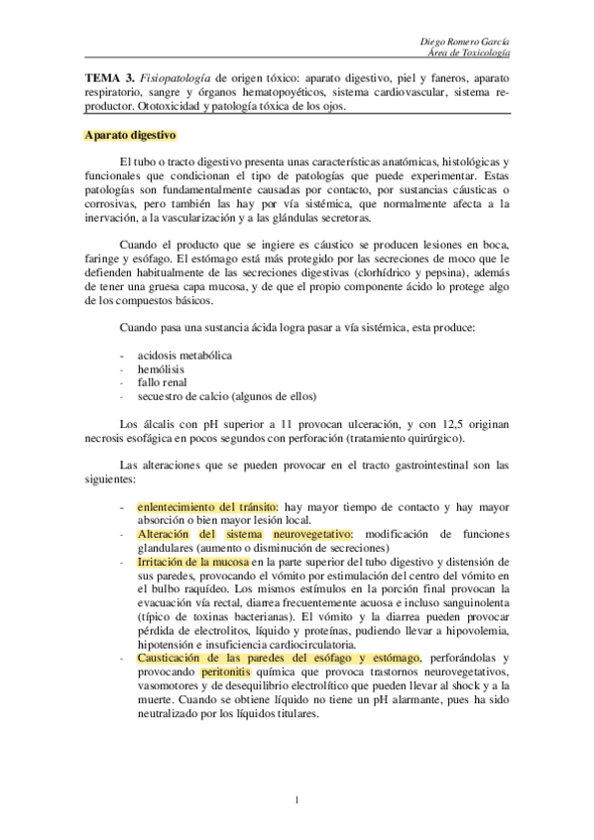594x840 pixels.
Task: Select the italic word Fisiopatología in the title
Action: click(174, 76)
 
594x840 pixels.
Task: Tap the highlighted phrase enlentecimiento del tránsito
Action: click(205, 506)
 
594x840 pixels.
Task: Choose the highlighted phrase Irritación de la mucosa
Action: click(193, 562)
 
